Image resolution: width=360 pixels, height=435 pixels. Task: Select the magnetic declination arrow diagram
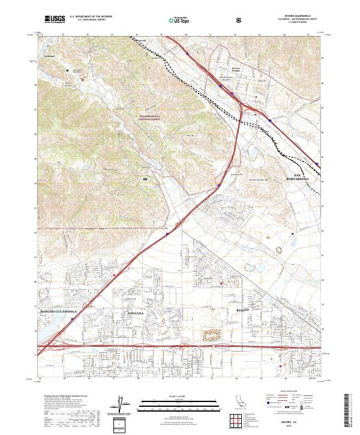click(121, 405)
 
